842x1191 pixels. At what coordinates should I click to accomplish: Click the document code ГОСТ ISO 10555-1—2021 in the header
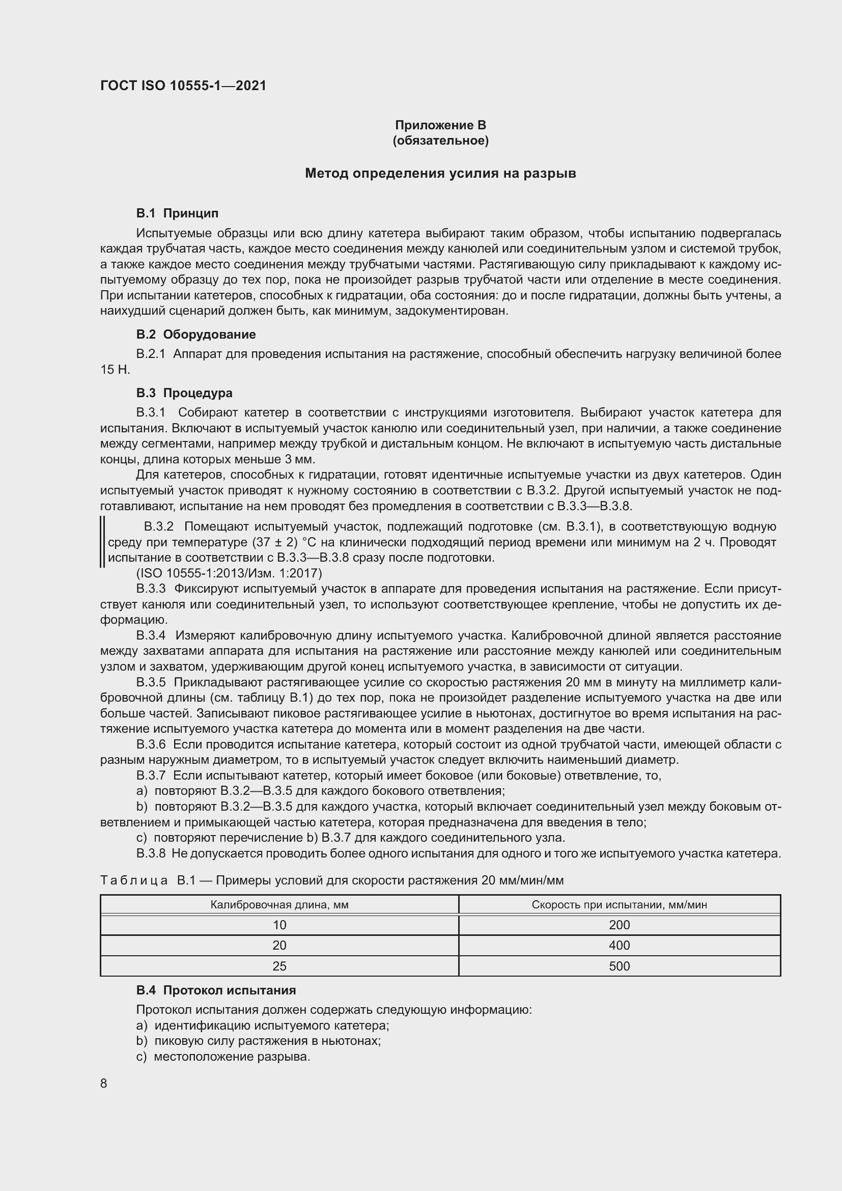tap(183, 86)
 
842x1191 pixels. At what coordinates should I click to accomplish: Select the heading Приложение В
tap(440, 125)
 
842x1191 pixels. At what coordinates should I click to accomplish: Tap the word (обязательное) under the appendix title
tap(440, 141)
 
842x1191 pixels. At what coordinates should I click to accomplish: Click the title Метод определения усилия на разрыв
tap(440, 173)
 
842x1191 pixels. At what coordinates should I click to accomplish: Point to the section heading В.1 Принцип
tap(177, 213)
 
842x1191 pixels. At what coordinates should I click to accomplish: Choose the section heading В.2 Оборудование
tap(196, 334)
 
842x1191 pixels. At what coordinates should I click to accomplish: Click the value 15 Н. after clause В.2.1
tap(115, 369)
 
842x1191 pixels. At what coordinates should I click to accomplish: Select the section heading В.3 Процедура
tap(184, 393)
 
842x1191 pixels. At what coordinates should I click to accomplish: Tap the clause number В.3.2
tap(159, 527)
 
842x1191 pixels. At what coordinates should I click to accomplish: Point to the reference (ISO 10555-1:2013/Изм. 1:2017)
tap(229, 573)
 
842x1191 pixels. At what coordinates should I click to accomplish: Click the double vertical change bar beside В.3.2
tap(103, 542)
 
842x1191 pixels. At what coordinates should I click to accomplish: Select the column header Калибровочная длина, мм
tap(279, 905)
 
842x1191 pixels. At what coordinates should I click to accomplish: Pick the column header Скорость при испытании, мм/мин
tap(619, 905)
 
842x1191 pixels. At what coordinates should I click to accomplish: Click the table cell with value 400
tap(619, 945)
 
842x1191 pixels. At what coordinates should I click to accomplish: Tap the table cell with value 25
tap(279, 966)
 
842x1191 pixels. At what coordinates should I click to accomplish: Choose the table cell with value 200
tap(619, 925)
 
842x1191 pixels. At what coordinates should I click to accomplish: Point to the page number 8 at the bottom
tap(104, 1083)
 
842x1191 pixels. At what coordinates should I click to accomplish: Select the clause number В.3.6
tap(151, 744)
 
